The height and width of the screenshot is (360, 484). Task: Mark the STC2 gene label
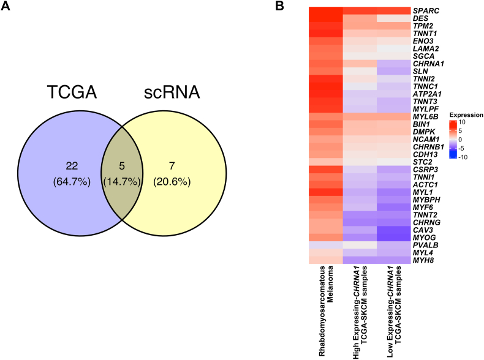point(422,162)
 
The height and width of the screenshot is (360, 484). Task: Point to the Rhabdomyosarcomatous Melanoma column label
point(325,300)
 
